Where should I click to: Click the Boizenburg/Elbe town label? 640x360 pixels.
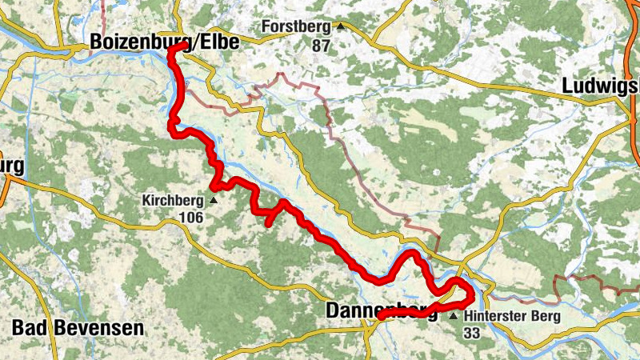[x=164, y=42]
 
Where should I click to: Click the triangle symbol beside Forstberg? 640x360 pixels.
[x=340, y=26]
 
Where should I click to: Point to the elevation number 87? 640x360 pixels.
[x=321, y=46]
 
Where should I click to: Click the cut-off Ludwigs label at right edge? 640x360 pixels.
[x=600, y=86]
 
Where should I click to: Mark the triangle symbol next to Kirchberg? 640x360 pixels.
[x=213, y=200]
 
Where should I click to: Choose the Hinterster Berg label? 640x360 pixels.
[x=513, y=316]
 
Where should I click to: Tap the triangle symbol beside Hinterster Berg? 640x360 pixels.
[x=454, y=317]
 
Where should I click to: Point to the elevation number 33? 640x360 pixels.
[x=471, y=333]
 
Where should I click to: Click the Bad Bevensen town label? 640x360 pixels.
[x=78, y=328]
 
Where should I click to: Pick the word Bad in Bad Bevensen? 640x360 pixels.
[x=30, y=328]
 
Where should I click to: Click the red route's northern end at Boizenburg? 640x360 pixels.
[x=171, y=50]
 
